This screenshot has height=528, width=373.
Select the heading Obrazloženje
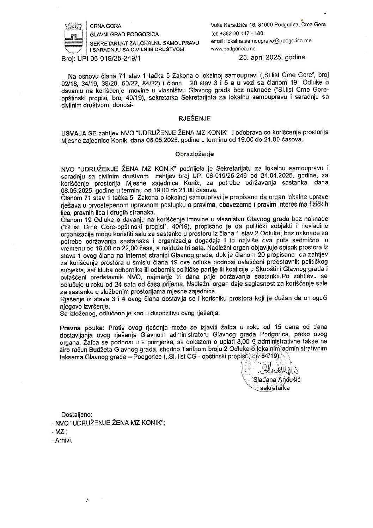click(189, 154)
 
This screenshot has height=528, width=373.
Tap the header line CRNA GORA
click(106, 26)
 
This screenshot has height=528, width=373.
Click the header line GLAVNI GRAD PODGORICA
click(124, 34)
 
